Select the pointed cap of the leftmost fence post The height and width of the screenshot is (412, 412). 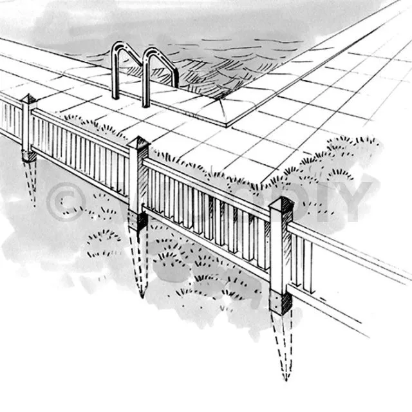[28, 100]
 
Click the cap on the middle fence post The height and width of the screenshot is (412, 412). [138, 142]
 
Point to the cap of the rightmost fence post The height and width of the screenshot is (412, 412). [281, 204]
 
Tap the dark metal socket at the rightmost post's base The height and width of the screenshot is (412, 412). [280, 303]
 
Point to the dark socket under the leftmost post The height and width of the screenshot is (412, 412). [28, 156]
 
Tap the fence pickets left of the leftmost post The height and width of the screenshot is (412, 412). [10, 116]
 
